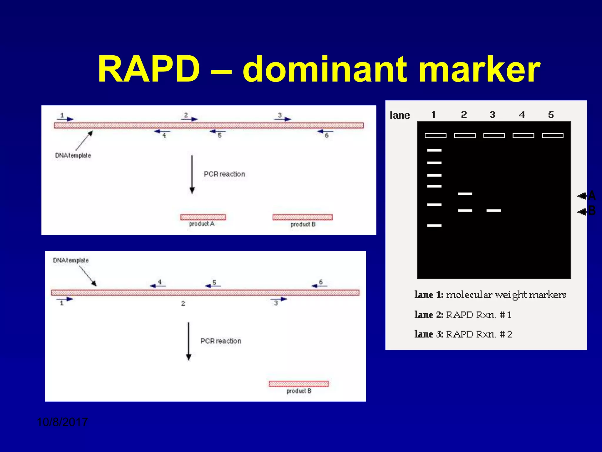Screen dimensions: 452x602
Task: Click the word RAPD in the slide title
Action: tap(149, 70)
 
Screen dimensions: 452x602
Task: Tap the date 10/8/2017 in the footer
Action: tap(62, 422)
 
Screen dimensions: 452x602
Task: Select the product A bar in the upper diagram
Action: tap(203, 217)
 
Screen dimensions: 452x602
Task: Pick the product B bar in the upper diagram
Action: tap(302, 217)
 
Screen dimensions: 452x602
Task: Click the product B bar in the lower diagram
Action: tap(298, 384)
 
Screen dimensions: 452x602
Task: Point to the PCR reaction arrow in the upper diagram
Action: tap(192, 174)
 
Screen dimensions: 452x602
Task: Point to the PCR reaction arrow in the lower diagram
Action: tap(189, 341)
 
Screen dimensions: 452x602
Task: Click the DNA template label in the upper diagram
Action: tap(73, 155)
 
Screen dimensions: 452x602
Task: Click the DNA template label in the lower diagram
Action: tap(71, 260)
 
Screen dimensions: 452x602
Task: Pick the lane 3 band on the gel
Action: tap(494, 210)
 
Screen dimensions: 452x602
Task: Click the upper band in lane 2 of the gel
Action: tap(465, 194)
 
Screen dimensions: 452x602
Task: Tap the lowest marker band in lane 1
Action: tap(434, 225)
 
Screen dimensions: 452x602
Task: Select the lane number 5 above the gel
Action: tap(551, 115)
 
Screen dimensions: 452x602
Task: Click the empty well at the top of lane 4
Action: tap(523, 135)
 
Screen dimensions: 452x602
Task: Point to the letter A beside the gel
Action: tap(592, 196)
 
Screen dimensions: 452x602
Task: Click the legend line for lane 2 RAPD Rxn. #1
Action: tap(463, 315)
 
